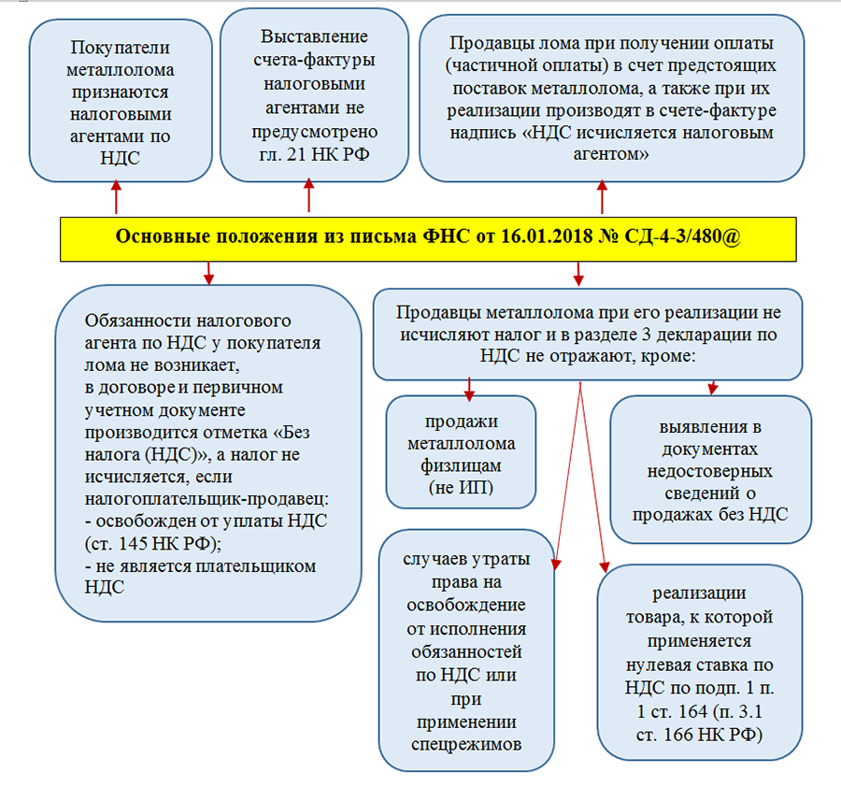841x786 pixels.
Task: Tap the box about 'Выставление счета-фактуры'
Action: [x=314, y=95]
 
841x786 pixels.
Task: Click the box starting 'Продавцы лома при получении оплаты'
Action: [x=611, y=97]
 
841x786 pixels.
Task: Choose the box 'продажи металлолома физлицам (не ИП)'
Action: [x=460, y=451]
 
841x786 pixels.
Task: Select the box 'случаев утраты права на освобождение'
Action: [x=464, y=652]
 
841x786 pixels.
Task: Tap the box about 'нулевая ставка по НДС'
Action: [x=700, y=665]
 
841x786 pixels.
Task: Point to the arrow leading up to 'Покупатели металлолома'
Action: [x=116, y=198]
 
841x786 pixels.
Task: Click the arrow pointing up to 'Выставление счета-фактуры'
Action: [x=308, y=198]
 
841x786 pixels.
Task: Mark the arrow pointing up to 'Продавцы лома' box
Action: [x=602, y=198]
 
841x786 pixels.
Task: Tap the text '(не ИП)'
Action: [x=460, y=488]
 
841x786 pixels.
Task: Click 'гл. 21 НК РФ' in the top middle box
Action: [x=314, y=153]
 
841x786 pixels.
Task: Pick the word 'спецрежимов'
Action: [x=464, y=744]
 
